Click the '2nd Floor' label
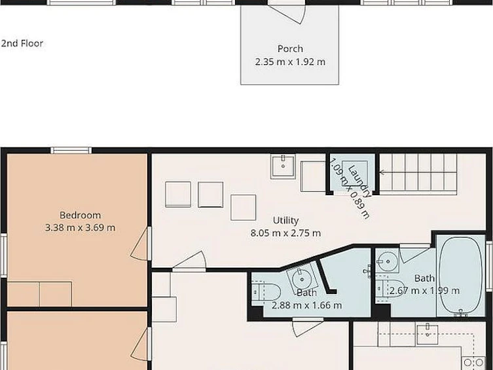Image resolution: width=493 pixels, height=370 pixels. [22, 43]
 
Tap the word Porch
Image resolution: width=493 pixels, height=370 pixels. [290, 49]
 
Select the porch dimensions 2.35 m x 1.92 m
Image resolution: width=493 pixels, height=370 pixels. [290, 62]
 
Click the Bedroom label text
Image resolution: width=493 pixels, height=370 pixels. [80, 215]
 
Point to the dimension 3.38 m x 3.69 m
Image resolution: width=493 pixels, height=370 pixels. [80, 227]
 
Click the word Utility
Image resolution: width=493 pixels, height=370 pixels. [285, 221]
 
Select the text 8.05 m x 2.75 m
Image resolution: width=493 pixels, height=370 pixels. [285, 233]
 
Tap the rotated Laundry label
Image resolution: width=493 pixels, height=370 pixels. [359, 181]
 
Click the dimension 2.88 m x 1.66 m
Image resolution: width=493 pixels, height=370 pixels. [306, 305]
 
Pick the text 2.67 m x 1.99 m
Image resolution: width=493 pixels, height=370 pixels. [424, 291]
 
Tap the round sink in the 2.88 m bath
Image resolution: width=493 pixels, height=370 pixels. [302, 278]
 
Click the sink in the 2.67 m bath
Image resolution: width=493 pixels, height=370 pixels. [388, 261]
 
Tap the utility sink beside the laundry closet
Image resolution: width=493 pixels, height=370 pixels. [283, 166]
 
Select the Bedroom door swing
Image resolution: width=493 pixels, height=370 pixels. [139, 244]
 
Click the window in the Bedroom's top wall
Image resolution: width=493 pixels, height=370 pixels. [71, 150]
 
